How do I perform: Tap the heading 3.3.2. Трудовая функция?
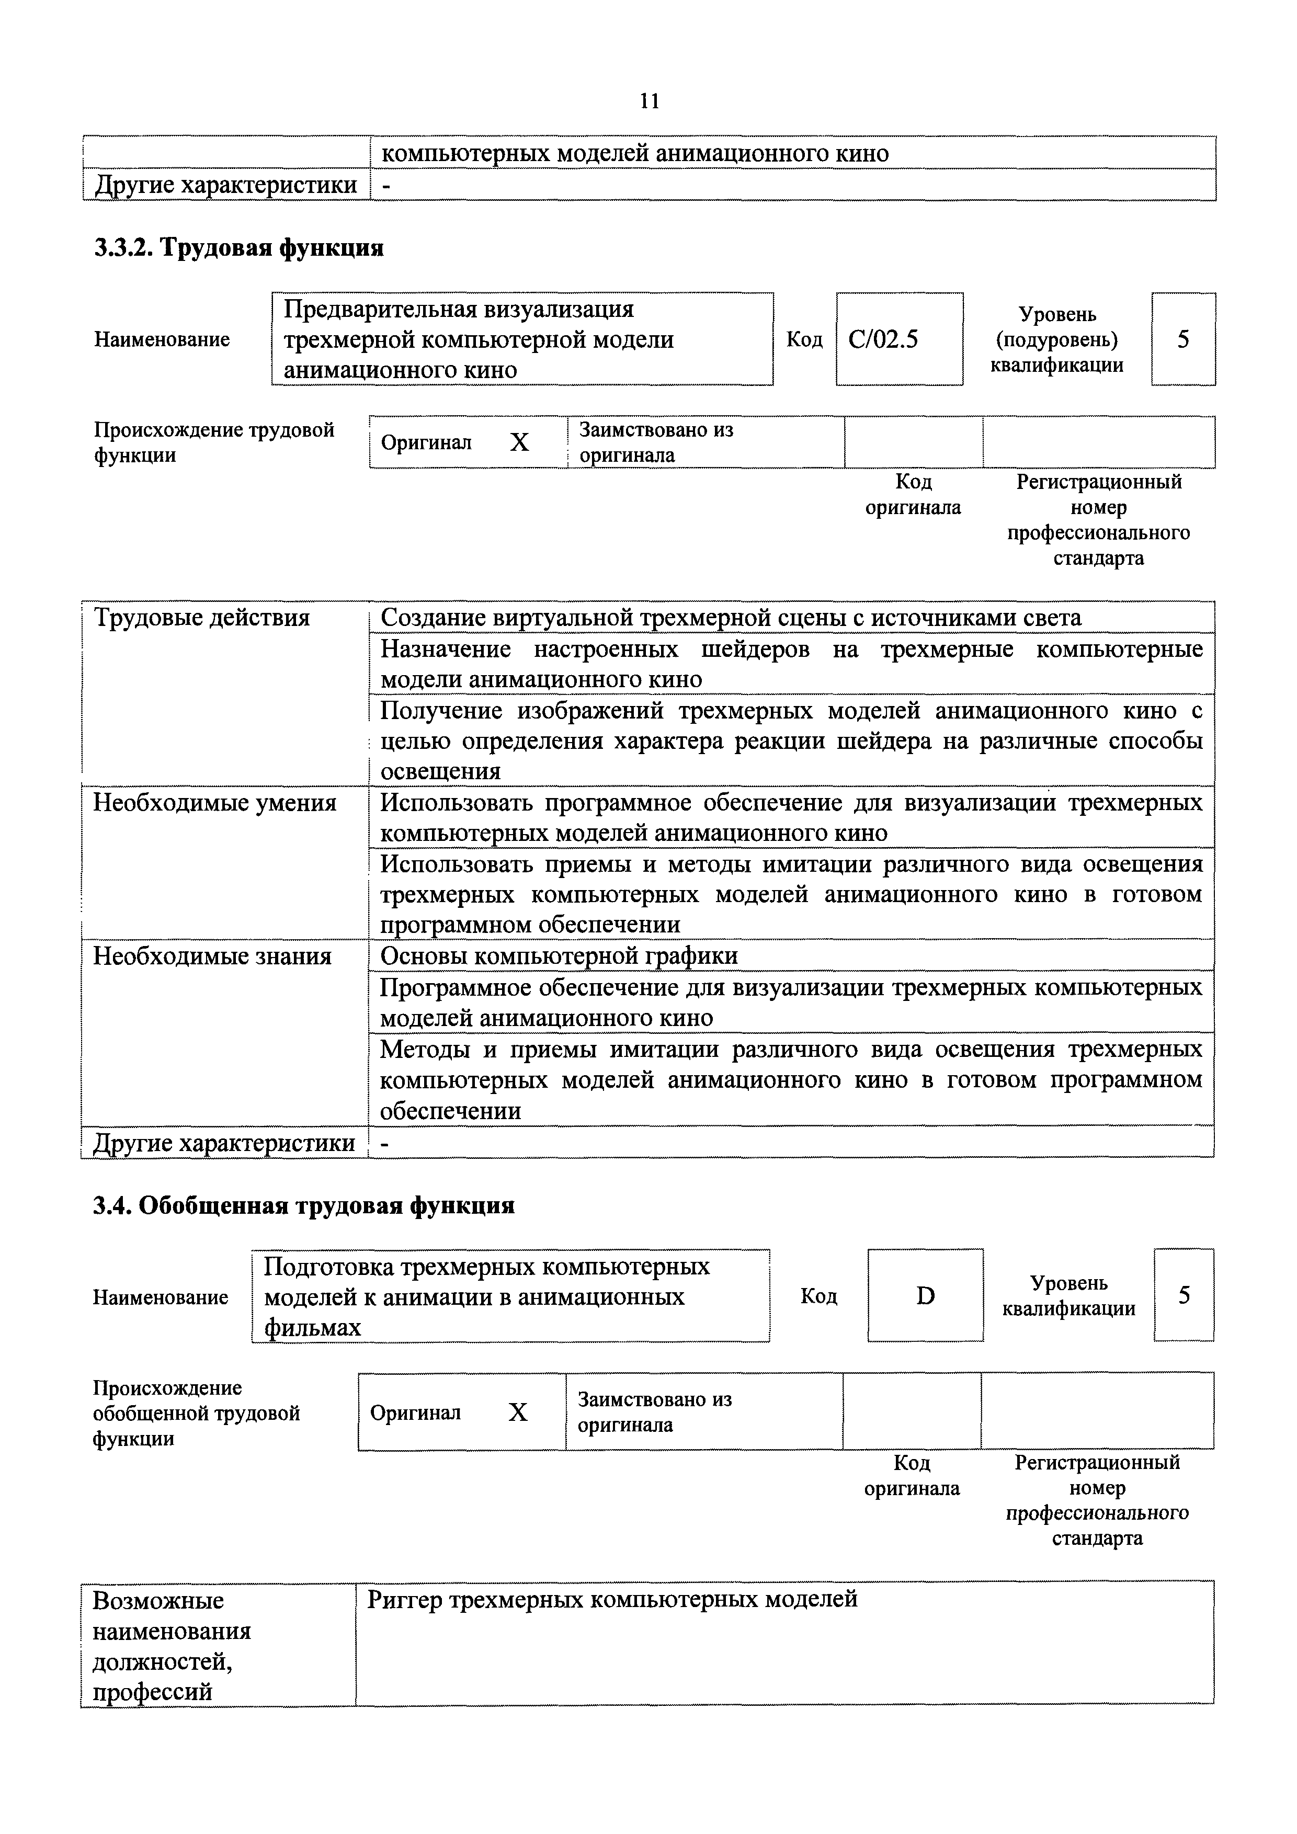point(239,248)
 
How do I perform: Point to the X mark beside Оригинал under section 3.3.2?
point(519,442)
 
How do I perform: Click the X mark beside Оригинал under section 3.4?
point(518,1413)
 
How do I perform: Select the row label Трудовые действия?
point(201,618)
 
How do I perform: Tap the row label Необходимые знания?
point(212,956)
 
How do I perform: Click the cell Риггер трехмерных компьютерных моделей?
point(612,1599)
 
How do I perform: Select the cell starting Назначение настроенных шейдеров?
point(791,664)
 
